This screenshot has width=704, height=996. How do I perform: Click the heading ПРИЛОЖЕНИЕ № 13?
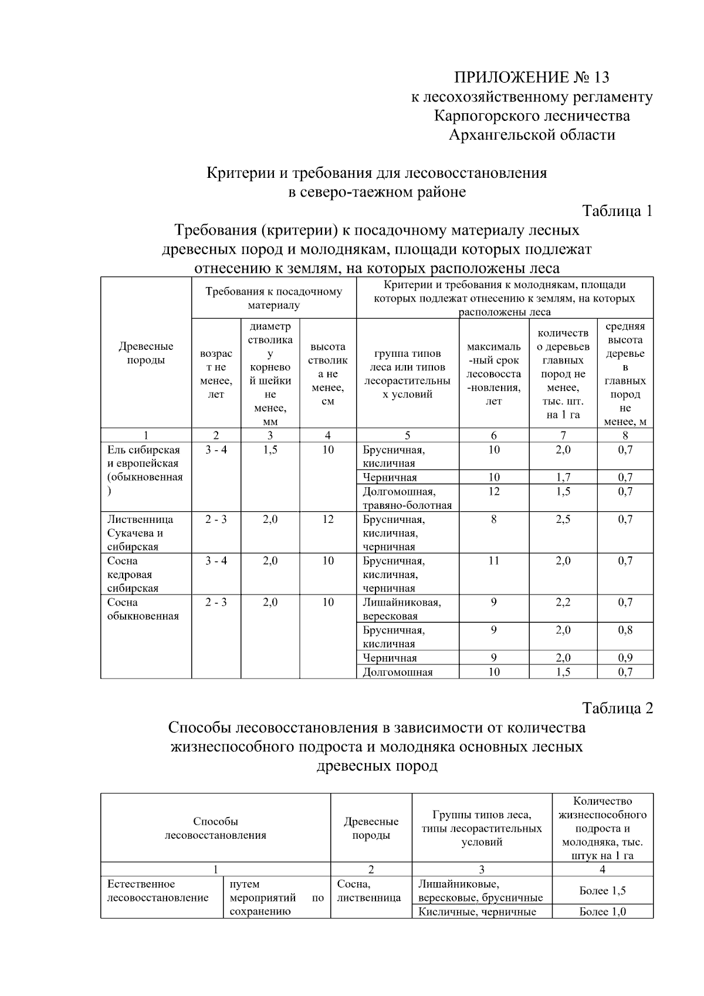pos(532,77)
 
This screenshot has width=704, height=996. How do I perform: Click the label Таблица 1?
pos(617,211)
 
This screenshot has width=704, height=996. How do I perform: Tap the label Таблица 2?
pos(617,708)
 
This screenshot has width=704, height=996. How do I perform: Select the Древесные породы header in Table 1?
pos(145,353)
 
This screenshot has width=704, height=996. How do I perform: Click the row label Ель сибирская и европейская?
pos(144,464)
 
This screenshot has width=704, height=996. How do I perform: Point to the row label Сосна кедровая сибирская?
pos(133,575)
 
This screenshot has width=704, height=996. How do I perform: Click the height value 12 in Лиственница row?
pos(327,519)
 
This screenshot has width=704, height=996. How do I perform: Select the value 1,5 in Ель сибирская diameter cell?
pos(270,450)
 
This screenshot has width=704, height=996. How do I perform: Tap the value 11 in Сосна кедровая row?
pos(493,561)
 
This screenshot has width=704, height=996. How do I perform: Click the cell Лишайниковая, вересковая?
pos(402,609)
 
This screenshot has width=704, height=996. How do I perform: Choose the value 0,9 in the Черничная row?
pos(625,658)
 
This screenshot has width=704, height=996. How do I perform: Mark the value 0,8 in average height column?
pos(625,630)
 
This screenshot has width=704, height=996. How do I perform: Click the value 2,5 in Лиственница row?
pos(563,519)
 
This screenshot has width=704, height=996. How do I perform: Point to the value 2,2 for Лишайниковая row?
pos(563,603)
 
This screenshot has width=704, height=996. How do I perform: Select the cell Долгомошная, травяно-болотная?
pos(407,498)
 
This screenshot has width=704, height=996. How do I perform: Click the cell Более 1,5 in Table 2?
pos(603,891)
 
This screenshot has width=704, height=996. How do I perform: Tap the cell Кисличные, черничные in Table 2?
pos(477,912)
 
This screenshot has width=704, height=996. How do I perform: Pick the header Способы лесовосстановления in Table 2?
pos(215,828)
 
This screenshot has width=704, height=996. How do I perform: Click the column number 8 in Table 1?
pos(625,435)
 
